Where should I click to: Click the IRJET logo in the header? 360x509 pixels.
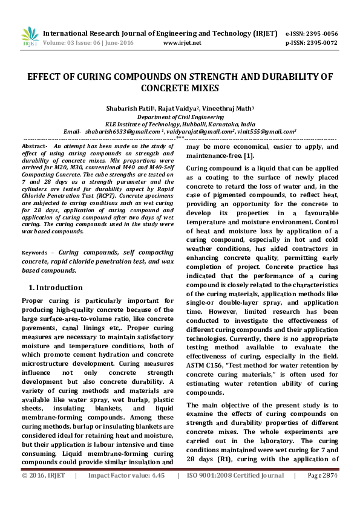click(x=30, y=37)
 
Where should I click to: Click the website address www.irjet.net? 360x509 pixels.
click(x=182, y=44)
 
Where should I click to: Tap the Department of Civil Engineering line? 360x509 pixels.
click(x=180, y=116)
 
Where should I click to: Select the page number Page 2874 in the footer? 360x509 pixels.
click(x=322, y=493)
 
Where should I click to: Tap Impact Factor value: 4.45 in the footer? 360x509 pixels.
click(x=126, y=493)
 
